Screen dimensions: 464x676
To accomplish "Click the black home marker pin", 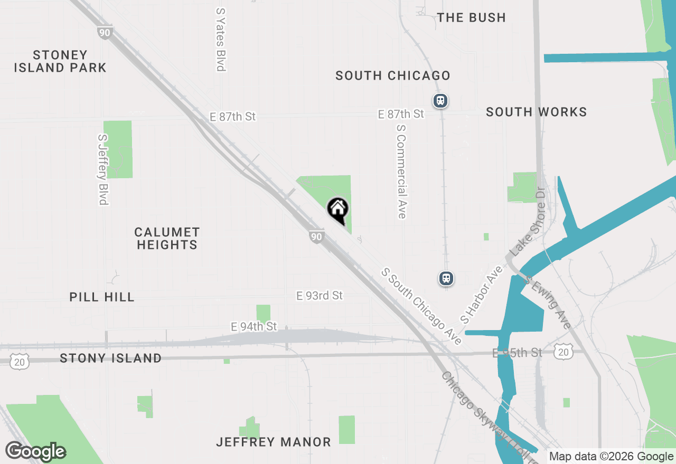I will [x=338, y=210].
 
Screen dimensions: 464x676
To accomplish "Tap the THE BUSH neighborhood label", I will [x=472, y=17].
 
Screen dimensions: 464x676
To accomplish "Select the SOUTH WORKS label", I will [x=536, y=112].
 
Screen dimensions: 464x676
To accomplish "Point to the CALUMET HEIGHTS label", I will [x=167, y=238].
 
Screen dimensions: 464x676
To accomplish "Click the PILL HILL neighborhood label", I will [x=102, y=297].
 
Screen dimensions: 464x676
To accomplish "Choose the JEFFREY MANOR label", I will [x=274, y=442].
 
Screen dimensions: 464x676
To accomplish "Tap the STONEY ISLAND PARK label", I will [x=60, y=61].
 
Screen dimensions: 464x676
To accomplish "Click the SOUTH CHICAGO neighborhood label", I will [x=393, y=75].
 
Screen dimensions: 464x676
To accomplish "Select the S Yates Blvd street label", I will [x=221, y=39].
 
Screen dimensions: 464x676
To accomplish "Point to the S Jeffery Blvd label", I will [x=102, y=169].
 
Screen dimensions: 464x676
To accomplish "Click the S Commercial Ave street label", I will [x=401, y=171].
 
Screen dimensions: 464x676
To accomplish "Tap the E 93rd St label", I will [x=320, y=296].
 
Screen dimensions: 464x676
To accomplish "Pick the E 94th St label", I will [x=253, y=327].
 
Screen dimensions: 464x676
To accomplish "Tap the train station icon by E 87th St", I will [x=440, y=100].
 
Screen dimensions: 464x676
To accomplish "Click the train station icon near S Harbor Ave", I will [x=446, y=278].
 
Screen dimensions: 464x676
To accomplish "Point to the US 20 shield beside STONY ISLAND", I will [x=20, y=361].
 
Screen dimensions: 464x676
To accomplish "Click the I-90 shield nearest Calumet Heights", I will [x=315, y=237].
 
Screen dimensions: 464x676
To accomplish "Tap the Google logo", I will [x=35, y=451].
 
